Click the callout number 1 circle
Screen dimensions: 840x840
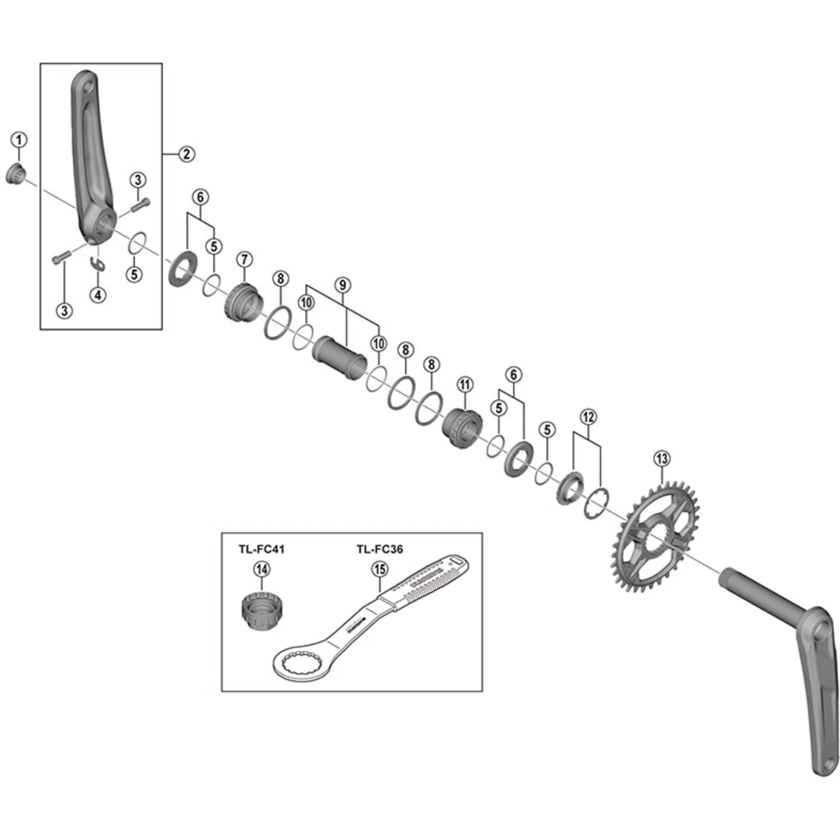(x=19, y=140)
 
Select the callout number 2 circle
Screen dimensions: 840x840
(x=186, y=154)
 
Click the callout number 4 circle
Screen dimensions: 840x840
(x=98, y=295)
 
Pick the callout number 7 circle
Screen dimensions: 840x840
(x=244, y=260)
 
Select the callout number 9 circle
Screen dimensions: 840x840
(x=343, y=285)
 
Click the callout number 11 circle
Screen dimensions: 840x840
(x=465, y=384)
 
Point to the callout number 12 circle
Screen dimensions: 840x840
(x=588, y=417)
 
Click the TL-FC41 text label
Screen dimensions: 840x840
(x=261, y=549)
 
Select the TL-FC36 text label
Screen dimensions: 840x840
(x=380, y=549)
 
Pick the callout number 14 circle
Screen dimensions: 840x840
(x=262, y=569)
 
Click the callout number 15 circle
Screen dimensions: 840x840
(x=380, y=569)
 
